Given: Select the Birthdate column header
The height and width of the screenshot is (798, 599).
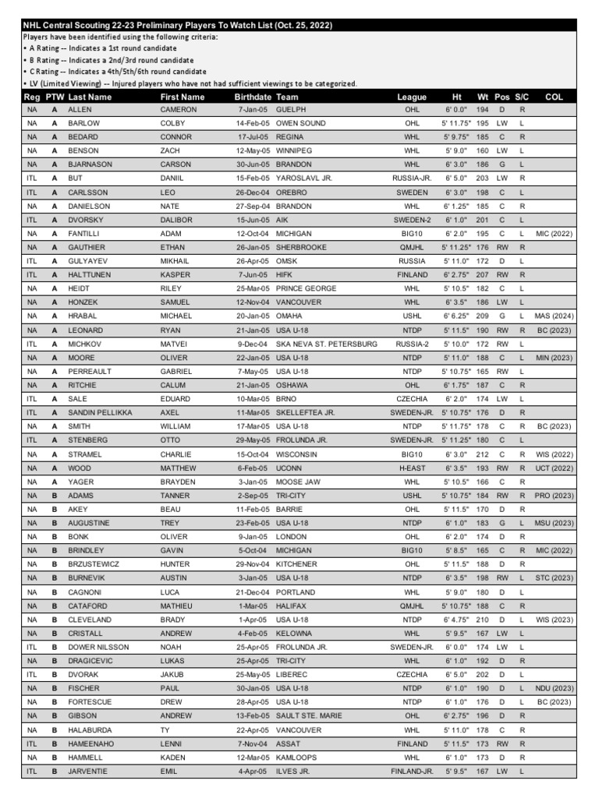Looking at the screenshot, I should point(253,97).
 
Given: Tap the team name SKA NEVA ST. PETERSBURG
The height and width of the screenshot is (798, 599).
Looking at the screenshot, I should point(326,344).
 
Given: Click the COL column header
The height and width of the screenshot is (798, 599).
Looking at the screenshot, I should point(554,97).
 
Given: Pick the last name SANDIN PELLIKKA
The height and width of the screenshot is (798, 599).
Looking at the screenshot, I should point(100,412).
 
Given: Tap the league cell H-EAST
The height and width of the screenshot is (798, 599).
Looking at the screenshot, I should point(412,468).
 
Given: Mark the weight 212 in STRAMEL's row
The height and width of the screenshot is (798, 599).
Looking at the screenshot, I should point(483,454).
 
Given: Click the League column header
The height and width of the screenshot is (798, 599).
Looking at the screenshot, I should point(412,97).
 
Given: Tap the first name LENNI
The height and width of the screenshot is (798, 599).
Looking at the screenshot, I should point(171,743).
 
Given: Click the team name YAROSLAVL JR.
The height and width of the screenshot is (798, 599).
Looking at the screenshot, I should point(304,178).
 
